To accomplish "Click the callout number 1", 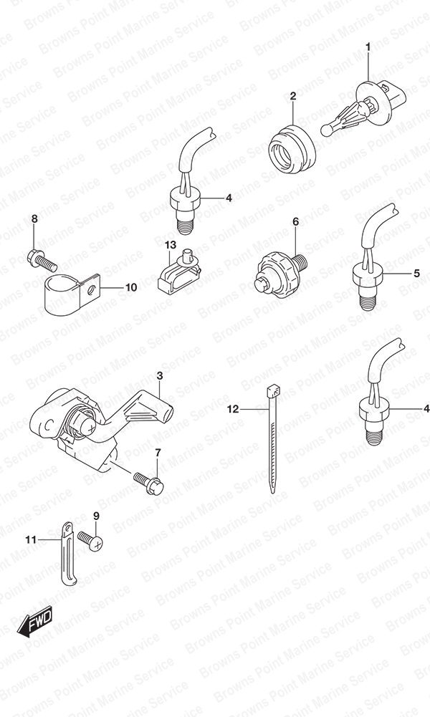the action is click(x=368, y=46).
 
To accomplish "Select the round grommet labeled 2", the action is click(x=291, y=148).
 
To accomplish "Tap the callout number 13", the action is click(x=170, y=246).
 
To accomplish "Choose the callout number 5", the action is click(x=416, y=274).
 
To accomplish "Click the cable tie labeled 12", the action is click(x=273, y=438).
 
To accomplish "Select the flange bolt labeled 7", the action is click(x=148, y=481).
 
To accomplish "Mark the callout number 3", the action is click(x=159, y=376).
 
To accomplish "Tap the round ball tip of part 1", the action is click(x=326, y=130).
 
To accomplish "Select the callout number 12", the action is click(x=233, y=409).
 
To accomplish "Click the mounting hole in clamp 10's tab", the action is click(x=92, y=289).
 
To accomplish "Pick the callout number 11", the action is click(x=30, y=540).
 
